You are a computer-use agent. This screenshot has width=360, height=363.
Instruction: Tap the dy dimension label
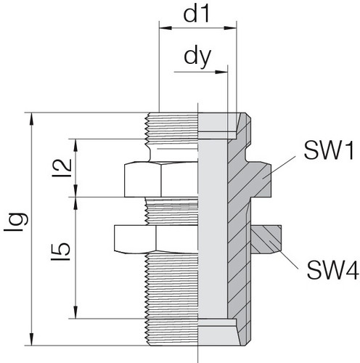(x=197, y=57)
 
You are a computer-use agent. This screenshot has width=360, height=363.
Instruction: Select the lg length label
(x=17, y=222)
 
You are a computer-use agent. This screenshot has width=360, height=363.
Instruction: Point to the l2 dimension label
(x=62, y=168)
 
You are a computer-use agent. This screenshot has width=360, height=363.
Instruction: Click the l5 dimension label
(x=61, y=252)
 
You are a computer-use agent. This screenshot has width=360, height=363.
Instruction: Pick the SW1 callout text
(x=329, y=150)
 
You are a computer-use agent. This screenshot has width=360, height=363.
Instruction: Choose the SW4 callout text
(x=332, y=270)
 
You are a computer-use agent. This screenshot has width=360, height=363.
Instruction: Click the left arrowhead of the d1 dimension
(x=165, y=28)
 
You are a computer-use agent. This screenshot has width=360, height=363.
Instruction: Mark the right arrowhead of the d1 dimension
(x=230, y=28)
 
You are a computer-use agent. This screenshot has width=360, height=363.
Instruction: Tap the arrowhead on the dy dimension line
(x=221, y=72)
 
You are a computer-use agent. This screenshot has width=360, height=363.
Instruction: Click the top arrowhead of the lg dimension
(x=31, y=118)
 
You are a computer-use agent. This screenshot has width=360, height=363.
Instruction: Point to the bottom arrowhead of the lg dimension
(x=31, y=340)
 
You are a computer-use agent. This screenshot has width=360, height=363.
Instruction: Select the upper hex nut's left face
(x=143, y=179)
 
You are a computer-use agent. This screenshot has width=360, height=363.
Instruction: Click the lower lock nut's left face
(x=135, y=240)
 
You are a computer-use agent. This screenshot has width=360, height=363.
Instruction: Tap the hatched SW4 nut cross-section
(x=266, y=240)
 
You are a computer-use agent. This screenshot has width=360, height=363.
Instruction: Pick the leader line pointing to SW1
(x=279, y=168)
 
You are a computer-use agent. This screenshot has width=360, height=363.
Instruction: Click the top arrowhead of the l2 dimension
(x=75, y=145)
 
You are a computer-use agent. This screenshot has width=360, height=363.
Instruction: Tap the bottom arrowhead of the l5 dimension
(x=75, y=312)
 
